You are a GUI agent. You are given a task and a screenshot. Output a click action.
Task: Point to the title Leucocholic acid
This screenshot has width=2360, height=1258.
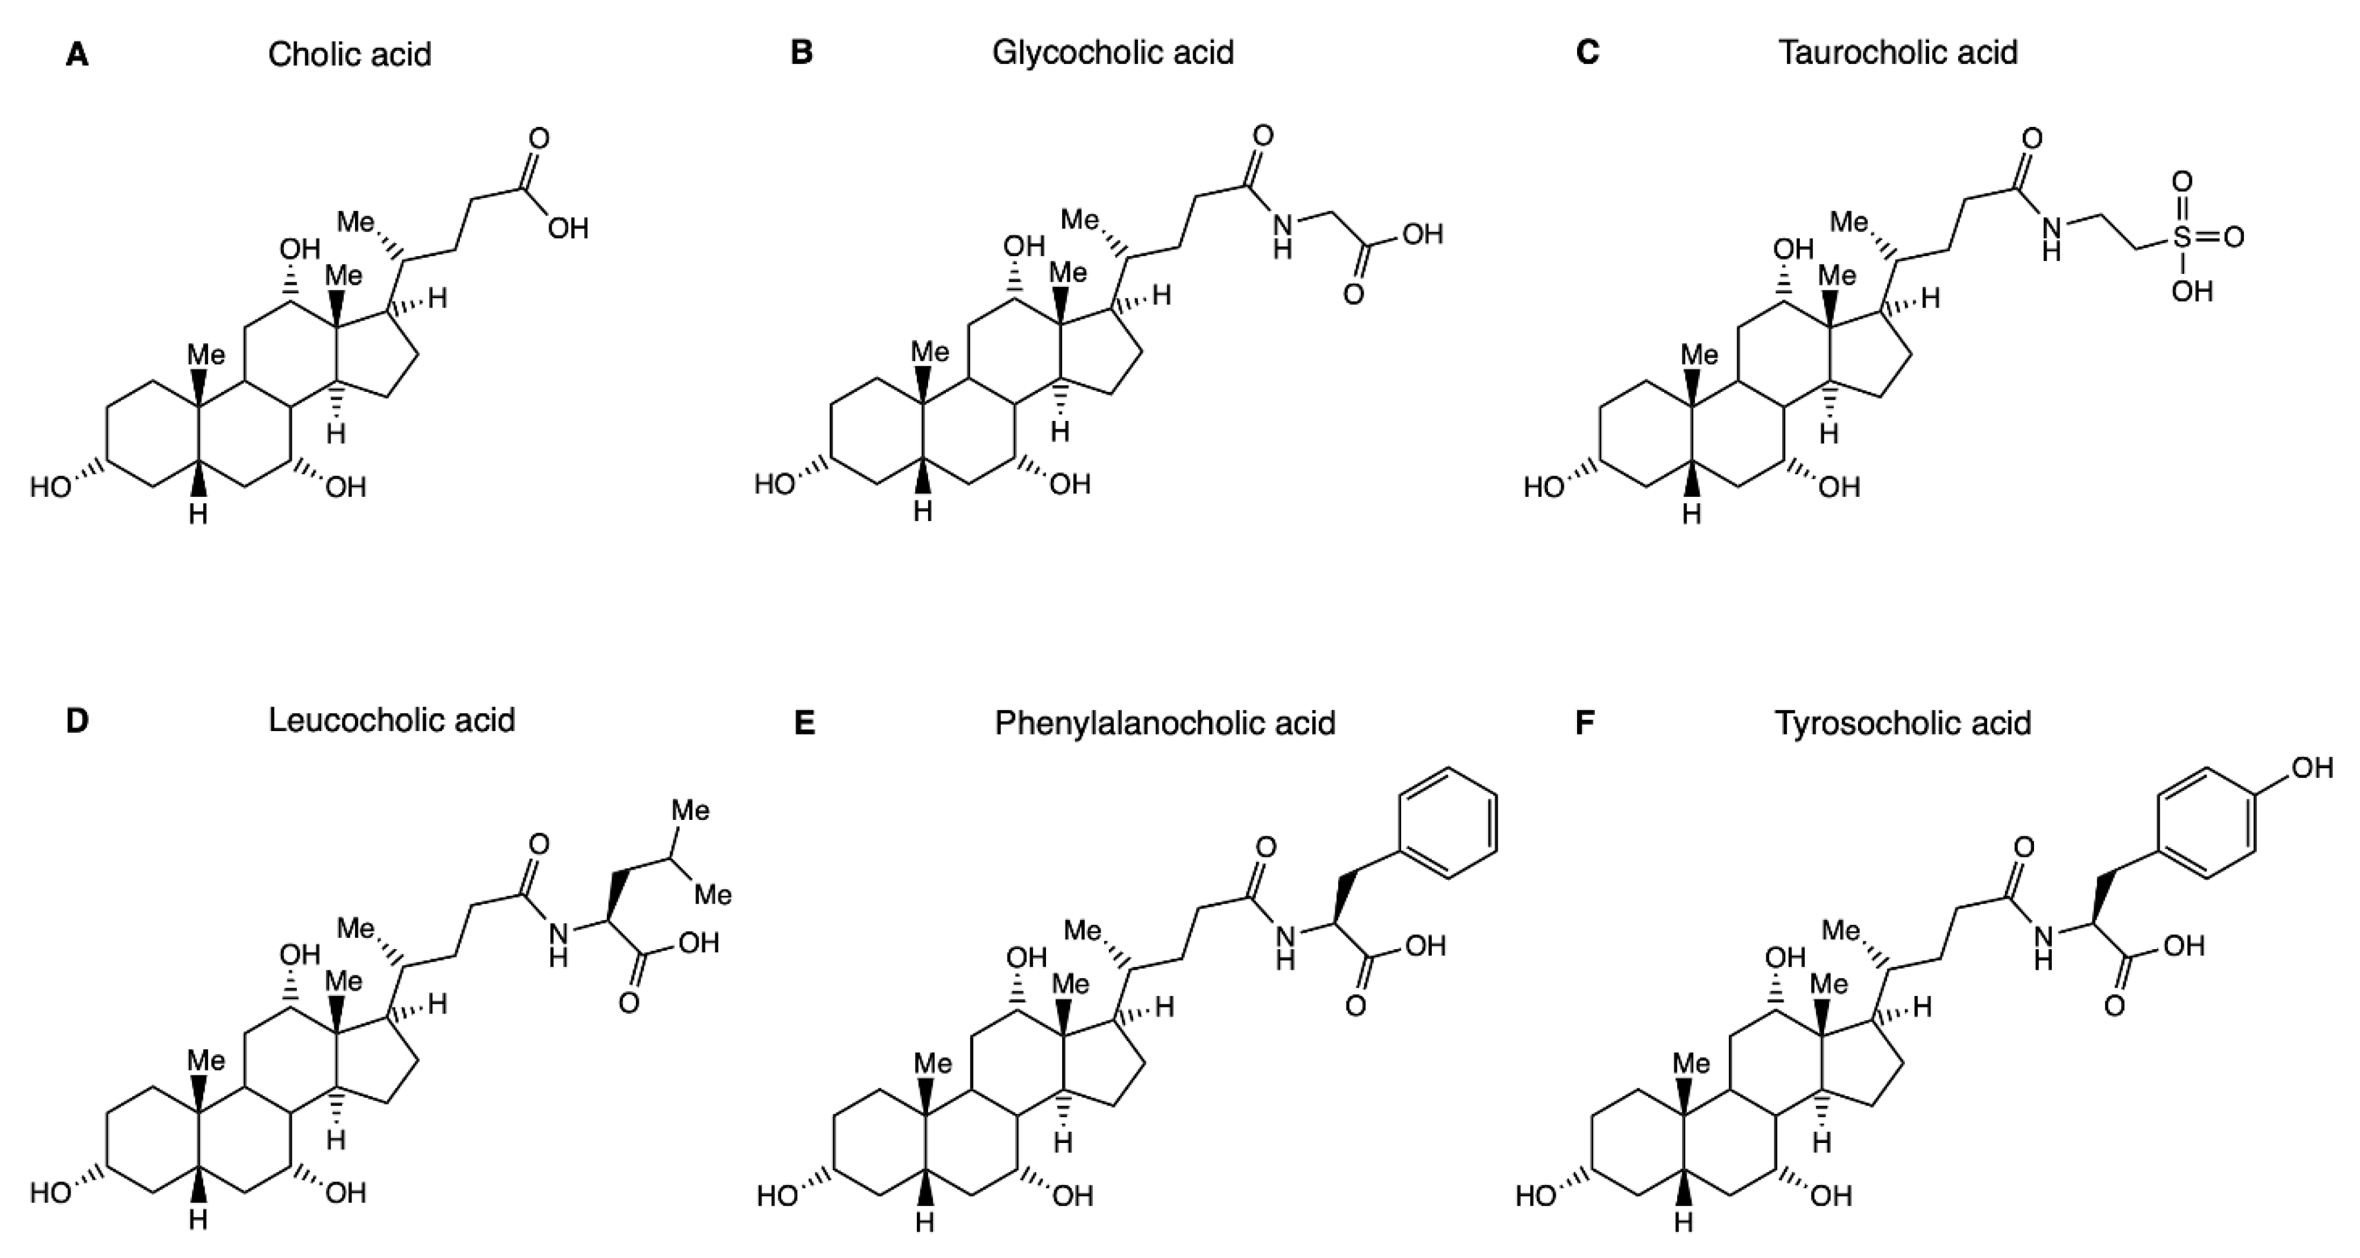(391, 720)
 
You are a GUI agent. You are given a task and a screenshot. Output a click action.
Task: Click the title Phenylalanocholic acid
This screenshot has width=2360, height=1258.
(1165, 724)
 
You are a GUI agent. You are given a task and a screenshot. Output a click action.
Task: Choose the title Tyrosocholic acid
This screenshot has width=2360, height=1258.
(1903, 724)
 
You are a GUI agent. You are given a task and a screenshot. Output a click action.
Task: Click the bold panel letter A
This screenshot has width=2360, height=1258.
(78, 55)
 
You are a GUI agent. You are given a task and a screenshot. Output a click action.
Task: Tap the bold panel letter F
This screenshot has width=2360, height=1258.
(1585, 724)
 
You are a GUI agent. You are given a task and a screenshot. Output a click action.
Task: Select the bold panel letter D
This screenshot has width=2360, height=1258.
(78, 721)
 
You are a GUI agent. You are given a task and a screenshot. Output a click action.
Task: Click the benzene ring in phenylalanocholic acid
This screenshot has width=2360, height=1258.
(1447, 823)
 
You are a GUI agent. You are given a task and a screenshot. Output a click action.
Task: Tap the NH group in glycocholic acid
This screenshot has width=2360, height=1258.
(1284, 235)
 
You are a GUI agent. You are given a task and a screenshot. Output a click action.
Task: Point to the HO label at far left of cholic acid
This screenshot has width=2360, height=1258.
(50, 487)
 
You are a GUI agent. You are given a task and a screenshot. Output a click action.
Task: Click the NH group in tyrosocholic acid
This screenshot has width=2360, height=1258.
(2043, 946)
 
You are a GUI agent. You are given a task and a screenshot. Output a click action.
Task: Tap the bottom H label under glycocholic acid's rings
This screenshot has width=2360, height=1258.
(923, 511)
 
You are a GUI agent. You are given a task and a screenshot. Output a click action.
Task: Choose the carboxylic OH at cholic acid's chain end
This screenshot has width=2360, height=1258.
(567, 228)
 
